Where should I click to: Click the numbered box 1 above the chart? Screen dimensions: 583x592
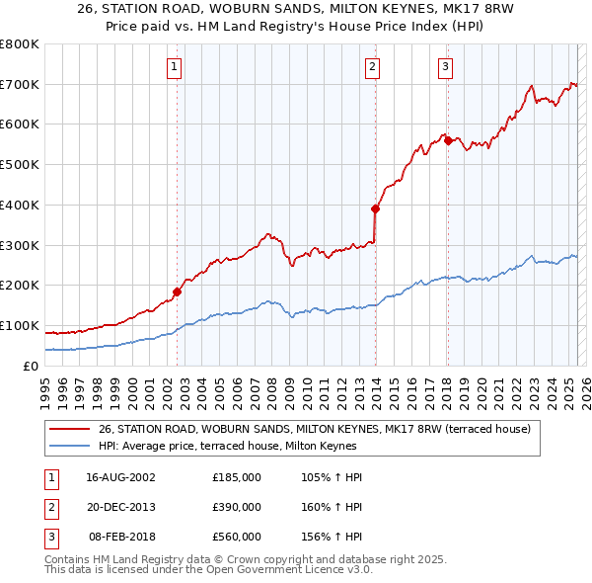click(x=175, y=67)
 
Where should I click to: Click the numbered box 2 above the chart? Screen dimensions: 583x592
click(x=373, y=67)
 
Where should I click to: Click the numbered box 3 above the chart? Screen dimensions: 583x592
click(x=445, y=67)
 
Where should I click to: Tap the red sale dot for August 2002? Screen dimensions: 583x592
click(x=178, y=291)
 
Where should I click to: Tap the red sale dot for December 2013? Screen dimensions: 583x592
click(x=376, y=208)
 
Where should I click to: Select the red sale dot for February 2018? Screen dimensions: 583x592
click(x=448, y=140)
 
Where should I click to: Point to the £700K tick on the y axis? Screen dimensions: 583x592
click(x=20, y=84)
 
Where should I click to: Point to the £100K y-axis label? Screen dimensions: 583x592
click(x=20, y=325)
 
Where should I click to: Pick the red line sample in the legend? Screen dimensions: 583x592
click(x=68, y=430)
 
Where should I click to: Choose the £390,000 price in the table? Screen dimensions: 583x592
click(x=237, y=507)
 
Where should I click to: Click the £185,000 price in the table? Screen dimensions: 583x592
click(x=237, y=477)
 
